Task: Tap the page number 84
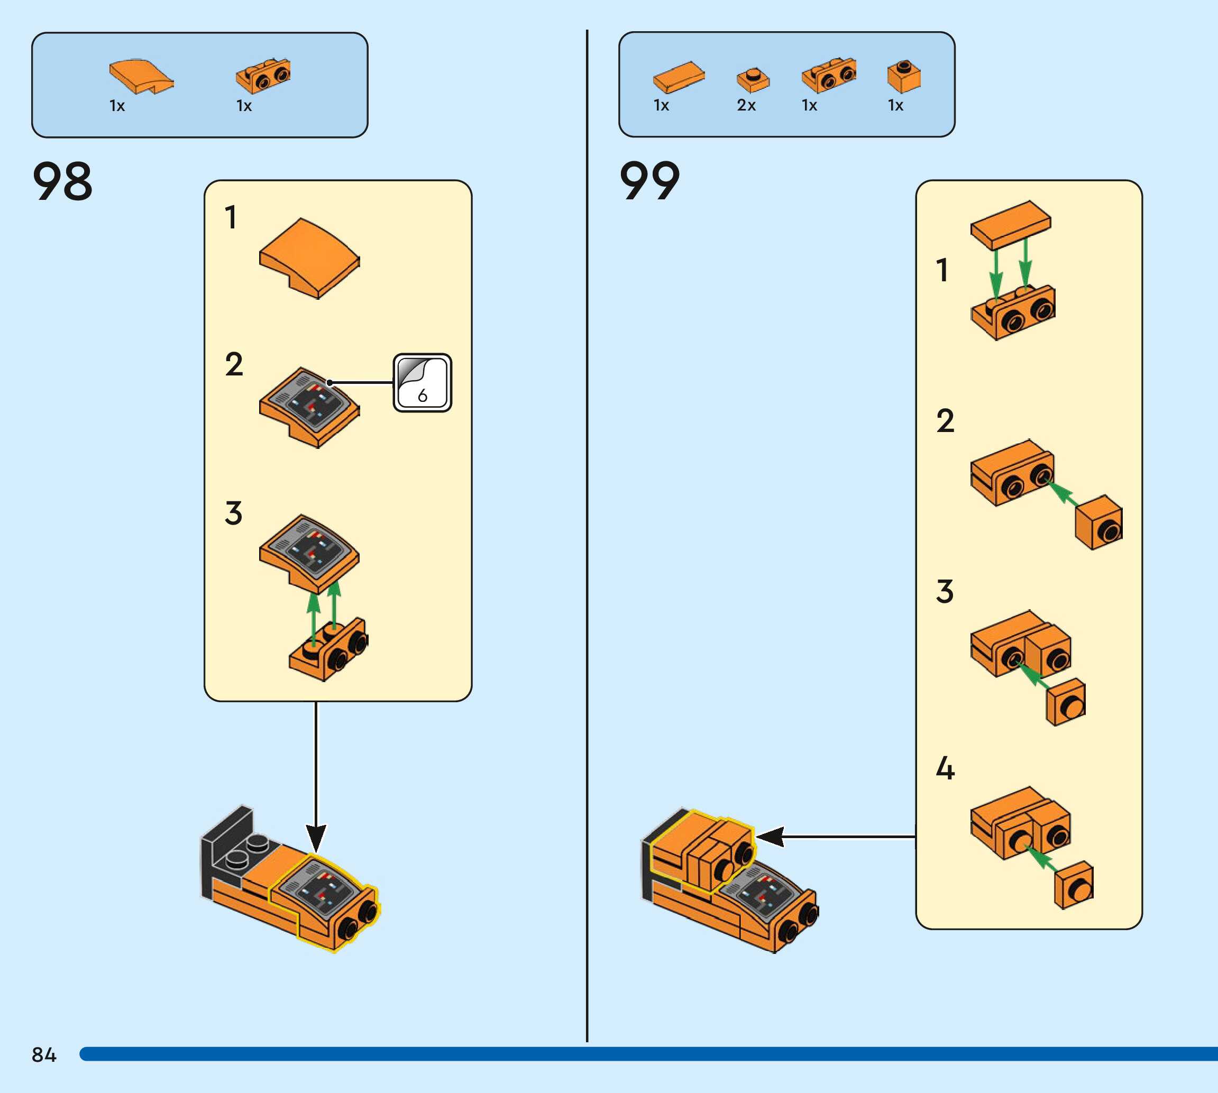[44, 1054]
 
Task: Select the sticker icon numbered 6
[422, 382]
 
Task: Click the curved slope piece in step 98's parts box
[141, 76]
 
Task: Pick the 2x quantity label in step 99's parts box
[746, 105]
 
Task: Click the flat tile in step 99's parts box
[679, 76]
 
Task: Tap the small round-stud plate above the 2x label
[753, 79]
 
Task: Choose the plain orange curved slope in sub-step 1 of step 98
[309, 258]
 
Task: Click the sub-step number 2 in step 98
[234, 364]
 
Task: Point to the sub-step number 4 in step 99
[945, 768]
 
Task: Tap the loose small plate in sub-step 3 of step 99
[1066, 702]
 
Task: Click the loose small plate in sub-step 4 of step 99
[1074, 885]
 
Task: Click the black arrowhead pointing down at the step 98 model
[316, 837]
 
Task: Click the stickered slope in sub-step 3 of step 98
[309, 552]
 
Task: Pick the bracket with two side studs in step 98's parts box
[263, 76]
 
